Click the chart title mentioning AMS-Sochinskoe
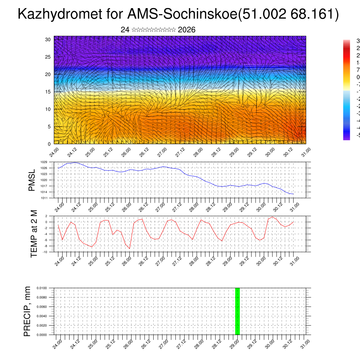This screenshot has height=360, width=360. [178, 14]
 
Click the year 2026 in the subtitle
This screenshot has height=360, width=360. [187, 30]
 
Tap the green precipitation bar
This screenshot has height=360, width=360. [237, 311]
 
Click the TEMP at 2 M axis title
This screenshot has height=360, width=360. [34, 233]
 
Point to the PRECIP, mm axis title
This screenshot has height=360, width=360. [27, 311]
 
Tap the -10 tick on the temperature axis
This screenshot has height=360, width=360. [46, 252]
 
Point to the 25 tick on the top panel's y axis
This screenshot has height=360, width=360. [48, 57]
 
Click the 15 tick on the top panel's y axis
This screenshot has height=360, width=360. [48, 92]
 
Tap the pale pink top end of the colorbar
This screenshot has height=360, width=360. [346, 41]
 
